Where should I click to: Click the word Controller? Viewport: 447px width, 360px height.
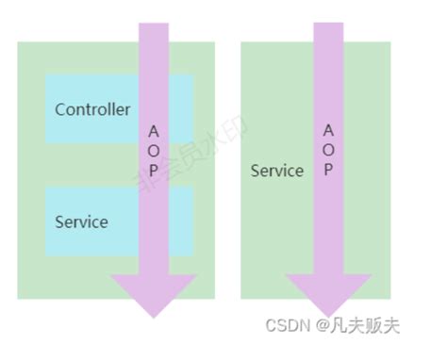click(x=92, y=109)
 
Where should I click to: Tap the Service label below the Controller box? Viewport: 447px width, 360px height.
click(x=81, y=222)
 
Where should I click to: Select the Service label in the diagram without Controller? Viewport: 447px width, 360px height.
click(x=277, y=171)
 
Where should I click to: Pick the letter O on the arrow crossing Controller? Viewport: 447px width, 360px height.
click(x=154, y=151)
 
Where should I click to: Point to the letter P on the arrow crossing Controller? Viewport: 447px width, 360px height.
click(x=154, y=171)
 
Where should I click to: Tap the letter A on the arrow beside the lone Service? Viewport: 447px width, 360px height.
click(x=327, y=130)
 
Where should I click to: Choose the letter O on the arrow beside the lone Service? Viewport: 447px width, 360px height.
click(x=327, y=150)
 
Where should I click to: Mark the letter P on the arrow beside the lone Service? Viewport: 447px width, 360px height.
click(x=327, y=170)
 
